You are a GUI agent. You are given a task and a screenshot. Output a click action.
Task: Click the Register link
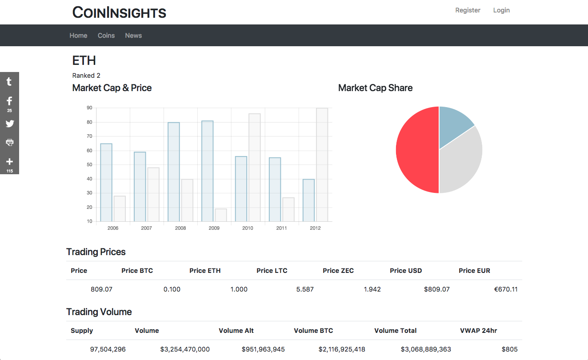468,10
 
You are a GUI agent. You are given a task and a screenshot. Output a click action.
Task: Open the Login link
501,10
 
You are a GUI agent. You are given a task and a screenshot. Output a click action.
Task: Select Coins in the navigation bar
106,36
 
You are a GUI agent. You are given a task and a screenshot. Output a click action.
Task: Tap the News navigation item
133,36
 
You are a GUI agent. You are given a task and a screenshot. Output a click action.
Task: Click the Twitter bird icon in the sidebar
10,124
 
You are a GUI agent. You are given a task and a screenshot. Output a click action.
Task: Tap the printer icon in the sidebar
10,142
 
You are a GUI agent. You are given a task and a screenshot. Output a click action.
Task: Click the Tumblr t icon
9,81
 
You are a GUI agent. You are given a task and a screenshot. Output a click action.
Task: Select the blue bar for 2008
174,172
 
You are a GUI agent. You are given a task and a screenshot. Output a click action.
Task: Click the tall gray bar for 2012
322,164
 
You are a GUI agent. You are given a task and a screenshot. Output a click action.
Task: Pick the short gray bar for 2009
221,215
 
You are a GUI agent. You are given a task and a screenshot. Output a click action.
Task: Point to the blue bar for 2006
106,183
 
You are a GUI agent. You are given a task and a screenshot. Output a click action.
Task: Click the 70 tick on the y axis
89,136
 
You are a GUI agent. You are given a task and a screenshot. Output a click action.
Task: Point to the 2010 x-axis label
248,228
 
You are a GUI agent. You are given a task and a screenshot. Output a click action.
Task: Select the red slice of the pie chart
417,150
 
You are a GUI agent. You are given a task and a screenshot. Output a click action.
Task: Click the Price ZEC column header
338,271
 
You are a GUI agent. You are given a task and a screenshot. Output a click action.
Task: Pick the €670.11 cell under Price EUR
506,289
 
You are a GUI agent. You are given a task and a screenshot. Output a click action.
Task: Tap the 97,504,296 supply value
108,349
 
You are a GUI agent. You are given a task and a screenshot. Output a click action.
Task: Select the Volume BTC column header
313,331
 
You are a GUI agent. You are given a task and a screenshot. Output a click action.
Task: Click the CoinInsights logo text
119,12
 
